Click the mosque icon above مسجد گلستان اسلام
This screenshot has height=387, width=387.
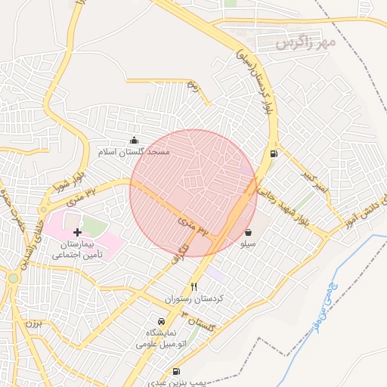pos(135,140)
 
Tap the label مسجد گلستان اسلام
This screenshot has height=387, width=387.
pos(135,152)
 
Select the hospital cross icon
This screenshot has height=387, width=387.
pos(77,232)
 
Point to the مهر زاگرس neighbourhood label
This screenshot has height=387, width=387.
pos(305,42)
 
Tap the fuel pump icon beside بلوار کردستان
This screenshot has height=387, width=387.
pos(273,154)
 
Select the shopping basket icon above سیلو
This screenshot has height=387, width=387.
pos(249,233)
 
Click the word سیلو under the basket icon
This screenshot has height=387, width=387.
pos(248,244)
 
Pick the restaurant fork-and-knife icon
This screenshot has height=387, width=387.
pos(194,286)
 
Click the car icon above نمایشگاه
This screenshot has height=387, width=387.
pos(160,321)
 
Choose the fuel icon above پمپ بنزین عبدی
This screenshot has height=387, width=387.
pos(176,371)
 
